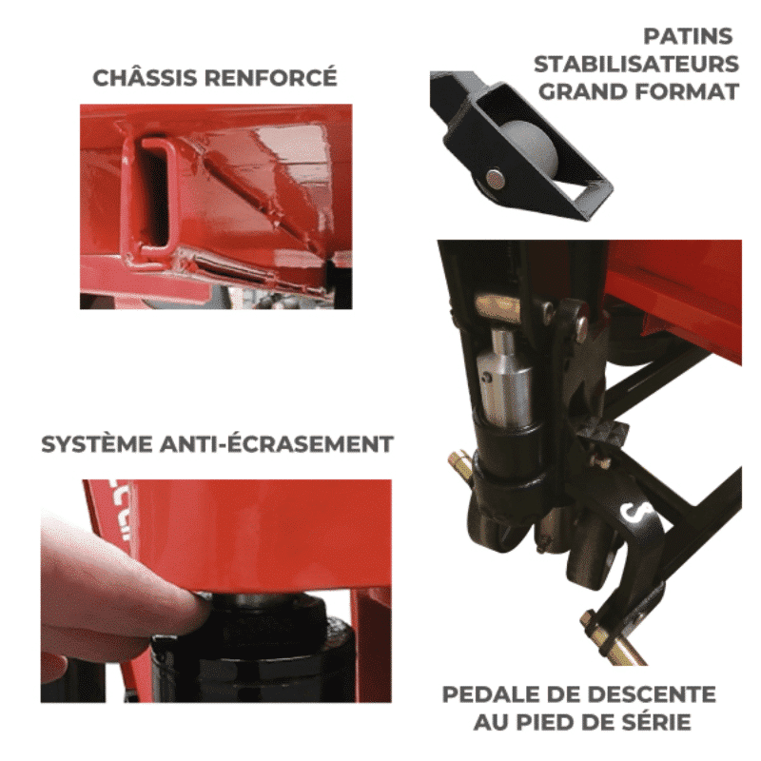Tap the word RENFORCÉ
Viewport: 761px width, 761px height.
(x=270, y=77)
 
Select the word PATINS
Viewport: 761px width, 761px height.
(x=688, y=36)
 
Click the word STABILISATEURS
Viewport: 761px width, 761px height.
(x=636, y=64)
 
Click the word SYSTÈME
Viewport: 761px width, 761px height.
(x=97, y=443)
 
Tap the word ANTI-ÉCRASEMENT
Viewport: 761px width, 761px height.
(x=277, y=443)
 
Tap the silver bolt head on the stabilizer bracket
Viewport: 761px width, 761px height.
(x=495, y=180)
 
